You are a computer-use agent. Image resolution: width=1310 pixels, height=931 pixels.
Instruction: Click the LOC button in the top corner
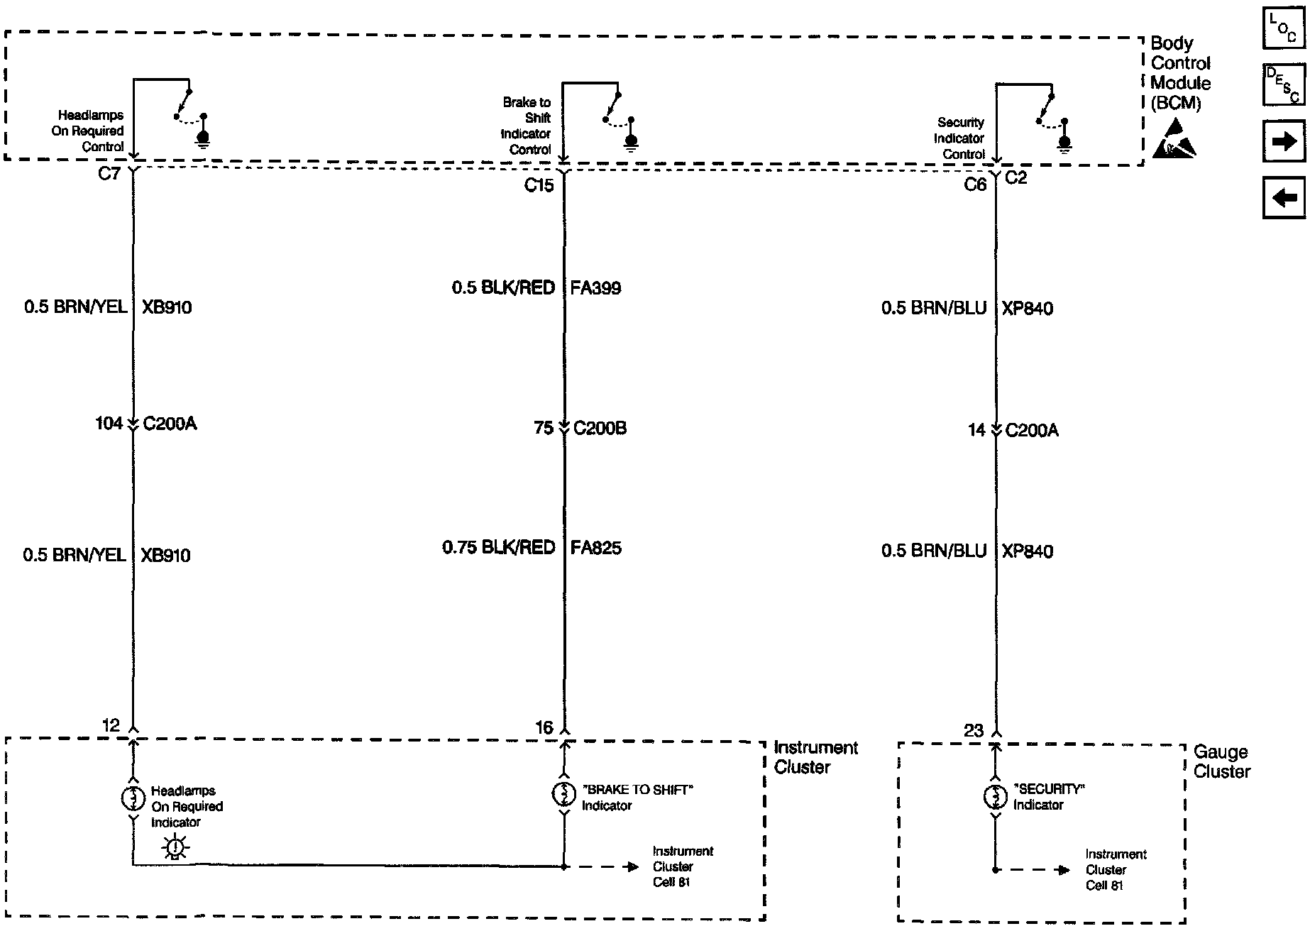pos(1283,28)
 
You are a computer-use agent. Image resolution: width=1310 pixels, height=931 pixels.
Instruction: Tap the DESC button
pos(1283,84)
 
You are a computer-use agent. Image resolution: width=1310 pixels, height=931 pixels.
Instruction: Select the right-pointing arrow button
pos(1284,141)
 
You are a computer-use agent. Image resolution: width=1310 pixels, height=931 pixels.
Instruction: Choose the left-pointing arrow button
pos(1284,197)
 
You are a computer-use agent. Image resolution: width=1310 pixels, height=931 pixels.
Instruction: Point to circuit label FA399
pos(595,288)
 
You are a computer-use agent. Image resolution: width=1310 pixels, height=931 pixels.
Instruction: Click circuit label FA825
pos(595,548)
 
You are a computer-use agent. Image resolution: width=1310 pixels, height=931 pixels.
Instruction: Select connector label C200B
pos(600,429)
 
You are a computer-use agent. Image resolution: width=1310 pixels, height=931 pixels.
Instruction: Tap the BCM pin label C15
pos(539,186)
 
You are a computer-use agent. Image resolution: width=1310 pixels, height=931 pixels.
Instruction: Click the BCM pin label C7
pos(109,174)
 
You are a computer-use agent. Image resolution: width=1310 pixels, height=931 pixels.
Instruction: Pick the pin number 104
pos(109,424)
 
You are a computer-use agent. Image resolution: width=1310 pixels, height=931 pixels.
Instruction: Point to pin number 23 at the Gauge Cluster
pos(974,730)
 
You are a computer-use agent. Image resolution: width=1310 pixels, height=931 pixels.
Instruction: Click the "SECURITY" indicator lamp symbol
pos(995,797)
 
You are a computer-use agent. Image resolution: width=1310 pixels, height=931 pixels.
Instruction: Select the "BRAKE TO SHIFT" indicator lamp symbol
pos(564,794)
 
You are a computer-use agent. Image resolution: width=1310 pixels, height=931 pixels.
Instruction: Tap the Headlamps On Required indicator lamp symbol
pos(133,798)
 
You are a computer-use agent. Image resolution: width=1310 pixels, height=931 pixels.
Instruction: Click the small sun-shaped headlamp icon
pos(175,848)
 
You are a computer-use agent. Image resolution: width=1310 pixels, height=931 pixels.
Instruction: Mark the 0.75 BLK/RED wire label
pos(498,548)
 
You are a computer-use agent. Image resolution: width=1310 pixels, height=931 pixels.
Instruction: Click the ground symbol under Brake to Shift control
pos(631,143)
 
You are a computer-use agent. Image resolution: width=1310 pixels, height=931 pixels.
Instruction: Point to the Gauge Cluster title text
pos(1221,761)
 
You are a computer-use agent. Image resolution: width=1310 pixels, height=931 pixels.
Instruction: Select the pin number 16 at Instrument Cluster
pos(544,727)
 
